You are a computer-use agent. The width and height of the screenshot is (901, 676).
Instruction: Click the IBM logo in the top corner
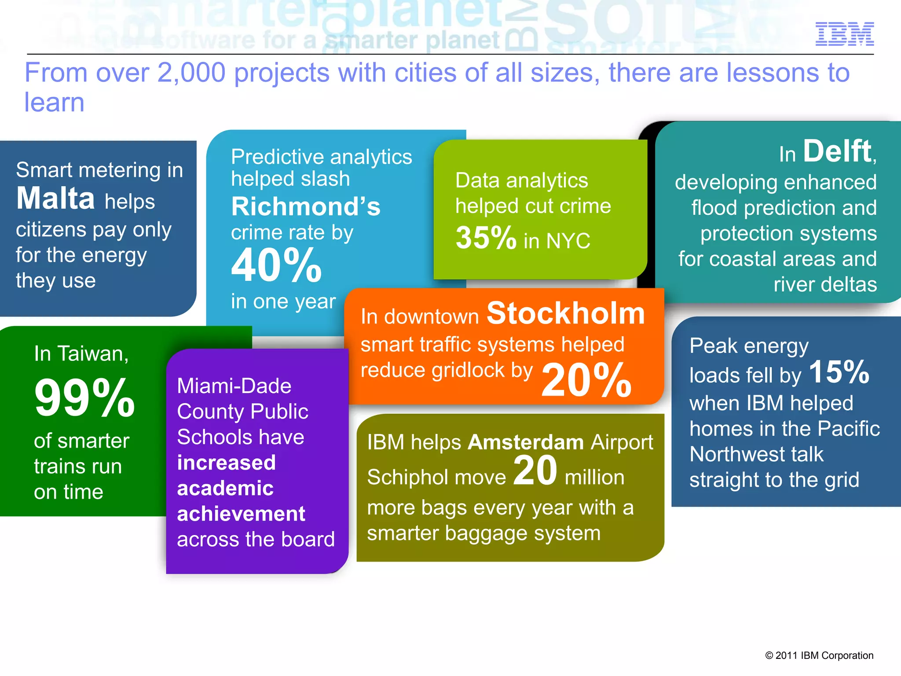[x=844, y=34]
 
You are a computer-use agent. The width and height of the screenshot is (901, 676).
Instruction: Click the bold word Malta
[x=55, y=198]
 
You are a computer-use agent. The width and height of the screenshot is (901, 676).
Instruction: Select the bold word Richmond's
[x=305, y=207]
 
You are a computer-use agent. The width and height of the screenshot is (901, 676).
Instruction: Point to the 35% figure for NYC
[x=486, y=238]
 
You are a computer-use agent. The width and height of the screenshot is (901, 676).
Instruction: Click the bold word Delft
[x=837, y=151]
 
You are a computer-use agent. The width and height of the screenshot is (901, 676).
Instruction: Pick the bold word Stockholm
[x=566, y=313]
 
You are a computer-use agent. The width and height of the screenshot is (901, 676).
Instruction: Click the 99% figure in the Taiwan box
[x=84, y=398]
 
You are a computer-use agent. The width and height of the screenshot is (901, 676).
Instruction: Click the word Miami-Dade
[x=234, y=386]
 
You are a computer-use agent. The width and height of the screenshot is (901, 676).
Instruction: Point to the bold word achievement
[x=241, y=514]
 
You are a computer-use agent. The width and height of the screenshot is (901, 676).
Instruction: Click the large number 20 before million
[x=535, y=471]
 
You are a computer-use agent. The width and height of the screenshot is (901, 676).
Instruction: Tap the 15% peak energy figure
[x=839, y=372]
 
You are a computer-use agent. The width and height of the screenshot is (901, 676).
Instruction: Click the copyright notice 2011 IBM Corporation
[x=819, y=655]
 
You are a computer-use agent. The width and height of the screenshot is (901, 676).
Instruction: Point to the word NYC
[x=568, y=241]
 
